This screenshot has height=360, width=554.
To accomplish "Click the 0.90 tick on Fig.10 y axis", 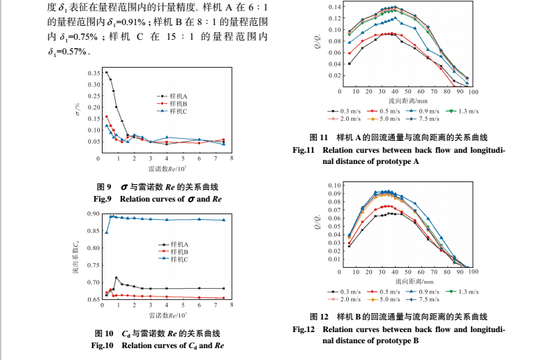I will pyautogui.click(x=93, y=214).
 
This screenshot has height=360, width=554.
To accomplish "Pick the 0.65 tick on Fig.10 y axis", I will pyautogui.click(x=93, y=299).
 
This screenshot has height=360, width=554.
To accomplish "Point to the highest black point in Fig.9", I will pyautogui.click(x=106, y=72).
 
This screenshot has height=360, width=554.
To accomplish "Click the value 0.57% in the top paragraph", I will pyautogui.click(x=72, y=52).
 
